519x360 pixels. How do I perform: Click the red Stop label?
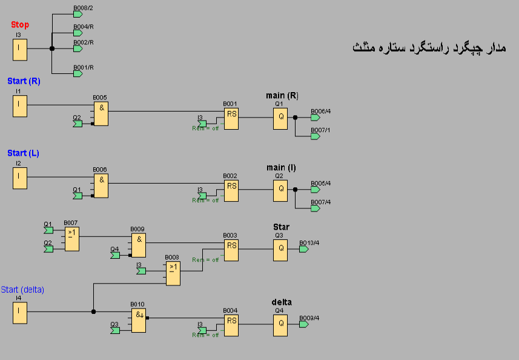point(20,25)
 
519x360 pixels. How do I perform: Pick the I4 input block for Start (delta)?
point(20,313)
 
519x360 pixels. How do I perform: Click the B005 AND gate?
point(101,113)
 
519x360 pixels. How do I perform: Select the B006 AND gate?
point(101,185)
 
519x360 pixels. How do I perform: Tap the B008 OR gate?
point(173,273)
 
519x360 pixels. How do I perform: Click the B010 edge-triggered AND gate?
point(139,320)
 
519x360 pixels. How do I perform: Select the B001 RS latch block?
point(231,119)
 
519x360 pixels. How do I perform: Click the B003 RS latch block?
point(231,250)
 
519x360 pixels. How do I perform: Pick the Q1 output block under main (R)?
point(280,119)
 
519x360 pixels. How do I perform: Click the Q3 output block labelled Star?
point(280,250)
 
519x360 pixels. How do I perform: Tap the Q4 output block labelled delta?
point(280,325)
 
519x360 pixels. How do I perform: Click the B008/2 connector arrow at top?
point(78,14)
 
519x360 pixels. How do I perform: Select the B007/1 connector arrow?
point(315,136)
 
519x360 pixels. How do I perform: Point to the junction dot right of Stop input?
point(52,48)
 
